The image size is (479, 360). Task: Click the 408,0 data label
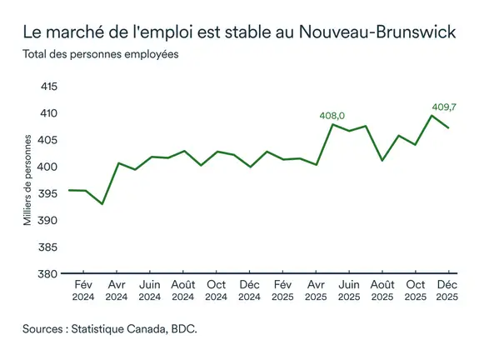(332, 116)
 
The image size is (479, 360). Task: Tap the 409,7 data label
(444, 107)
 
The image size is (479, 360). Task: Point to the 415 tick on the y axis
(49, 87)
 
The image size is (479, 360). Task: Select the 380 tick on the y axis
(49, 274)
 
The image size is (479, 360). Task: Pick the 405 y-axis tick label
(49, 140)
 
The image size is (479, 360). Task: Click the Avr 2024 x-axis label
(117, 290)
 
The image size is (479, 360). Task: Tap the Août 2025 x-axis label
(382, 290)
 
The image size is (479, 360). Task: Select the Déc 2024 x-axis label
(249, 290)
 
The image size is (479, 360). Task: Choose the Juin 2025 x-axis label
(348, 290)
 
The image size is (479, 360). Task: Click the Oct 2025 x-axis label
(415, 290)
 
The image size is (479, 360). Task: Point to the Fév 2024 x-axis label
(83, 290)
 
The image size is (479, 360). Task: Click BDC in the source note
(182, 330)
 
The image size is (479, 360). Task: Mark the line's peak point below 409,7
(432, 115)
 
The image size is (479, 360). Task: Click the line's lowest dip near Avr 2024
(102, 204)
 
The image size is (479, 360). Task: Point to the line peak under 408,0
(333, 124)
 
